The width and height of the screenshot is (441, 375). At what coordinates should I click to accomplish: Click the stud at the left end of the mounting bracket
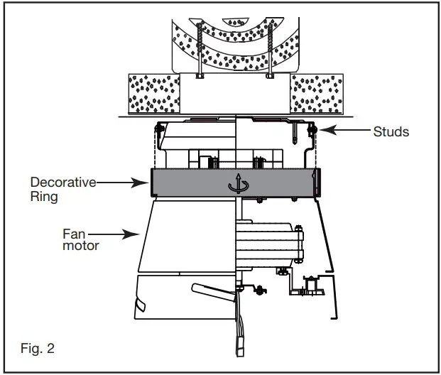point(158,129)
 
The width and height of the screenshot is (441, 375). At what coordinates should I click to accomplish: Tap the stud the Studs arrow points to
point(312,130)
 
